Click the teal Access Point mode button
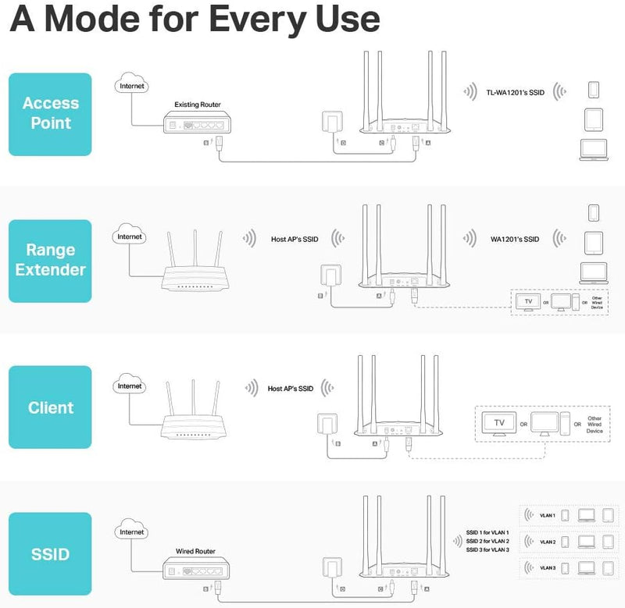click(51, 114)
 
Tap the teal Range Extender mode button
click(51, 260)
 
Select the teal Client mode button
click(51, 407)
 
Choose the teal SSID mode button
click(51, 554)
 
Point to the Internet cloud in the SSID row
click(130, 532)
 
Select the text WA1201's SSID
click(514, 239)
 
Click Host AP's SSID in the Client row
click(291, 388)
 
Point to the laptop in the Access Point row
click(593, 149)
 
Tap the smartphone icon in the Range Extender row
click(593, 213)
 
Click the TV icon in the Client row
click(500, 424)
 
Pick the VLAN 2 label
click(548, 541)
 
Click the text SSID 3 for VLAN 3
click(487, 550)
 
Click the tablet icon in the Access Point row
click(593, 119)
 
